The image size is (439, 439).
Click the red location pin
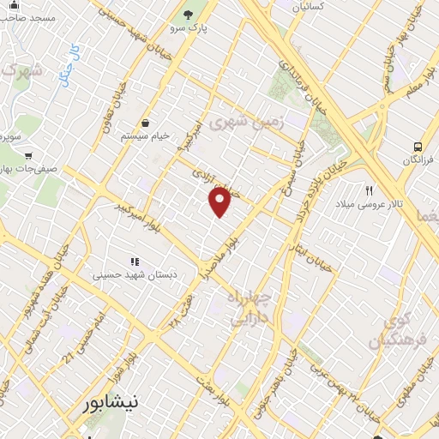point(220,202)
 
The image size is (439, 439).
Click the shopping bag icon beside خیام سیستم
point(144,123)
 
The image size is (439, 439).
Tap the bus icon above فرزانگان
point(418,147)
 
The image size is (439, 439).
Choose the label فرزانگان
point(418,160)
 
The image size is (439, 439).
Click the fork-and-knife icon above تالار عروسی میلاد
point(370,190)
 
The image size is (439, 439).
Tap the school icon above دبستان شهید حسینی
point(134,261)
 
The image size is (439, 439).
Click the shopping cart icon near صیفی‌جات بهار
point(28,156)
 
